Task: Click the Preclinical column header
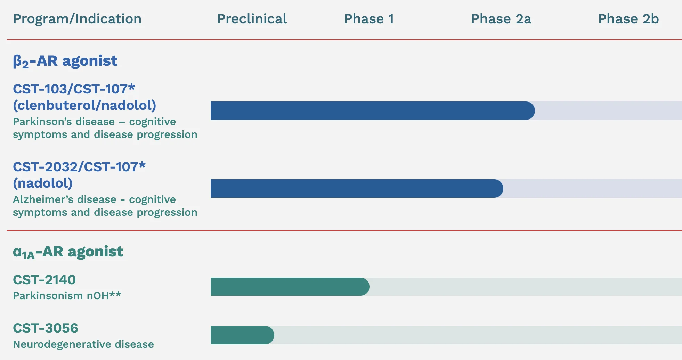tap(252, 19)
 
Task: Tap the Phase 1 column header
tap(369, 19)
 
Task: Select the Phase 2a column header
tap(501, 19)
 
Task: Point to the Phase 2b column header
tap(628, 19)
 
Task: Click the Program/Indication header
tap(77, 19)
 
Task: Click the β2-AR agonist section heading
tap(65, 61)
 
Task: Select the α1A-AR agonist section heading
tap(68, 252)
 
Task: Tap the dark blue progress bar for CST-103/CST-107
tap(373, 111)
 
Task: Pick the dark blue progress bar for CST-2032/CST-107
tap(357, 188)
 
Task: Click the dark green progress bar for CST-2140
tap(290, 287)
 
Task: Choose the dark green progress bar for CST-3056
tap(242, 335)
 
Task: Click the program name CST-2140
tap(44, 280)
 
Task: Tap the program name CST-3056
tap(46, 328)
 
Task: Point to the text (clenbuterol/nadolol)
tap(84, 105)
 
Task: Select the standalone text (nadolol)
tap(43, 183)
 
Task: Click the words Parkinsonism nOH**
tap(67, 296)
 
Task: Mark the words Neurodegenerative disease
tap(83, 344)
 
